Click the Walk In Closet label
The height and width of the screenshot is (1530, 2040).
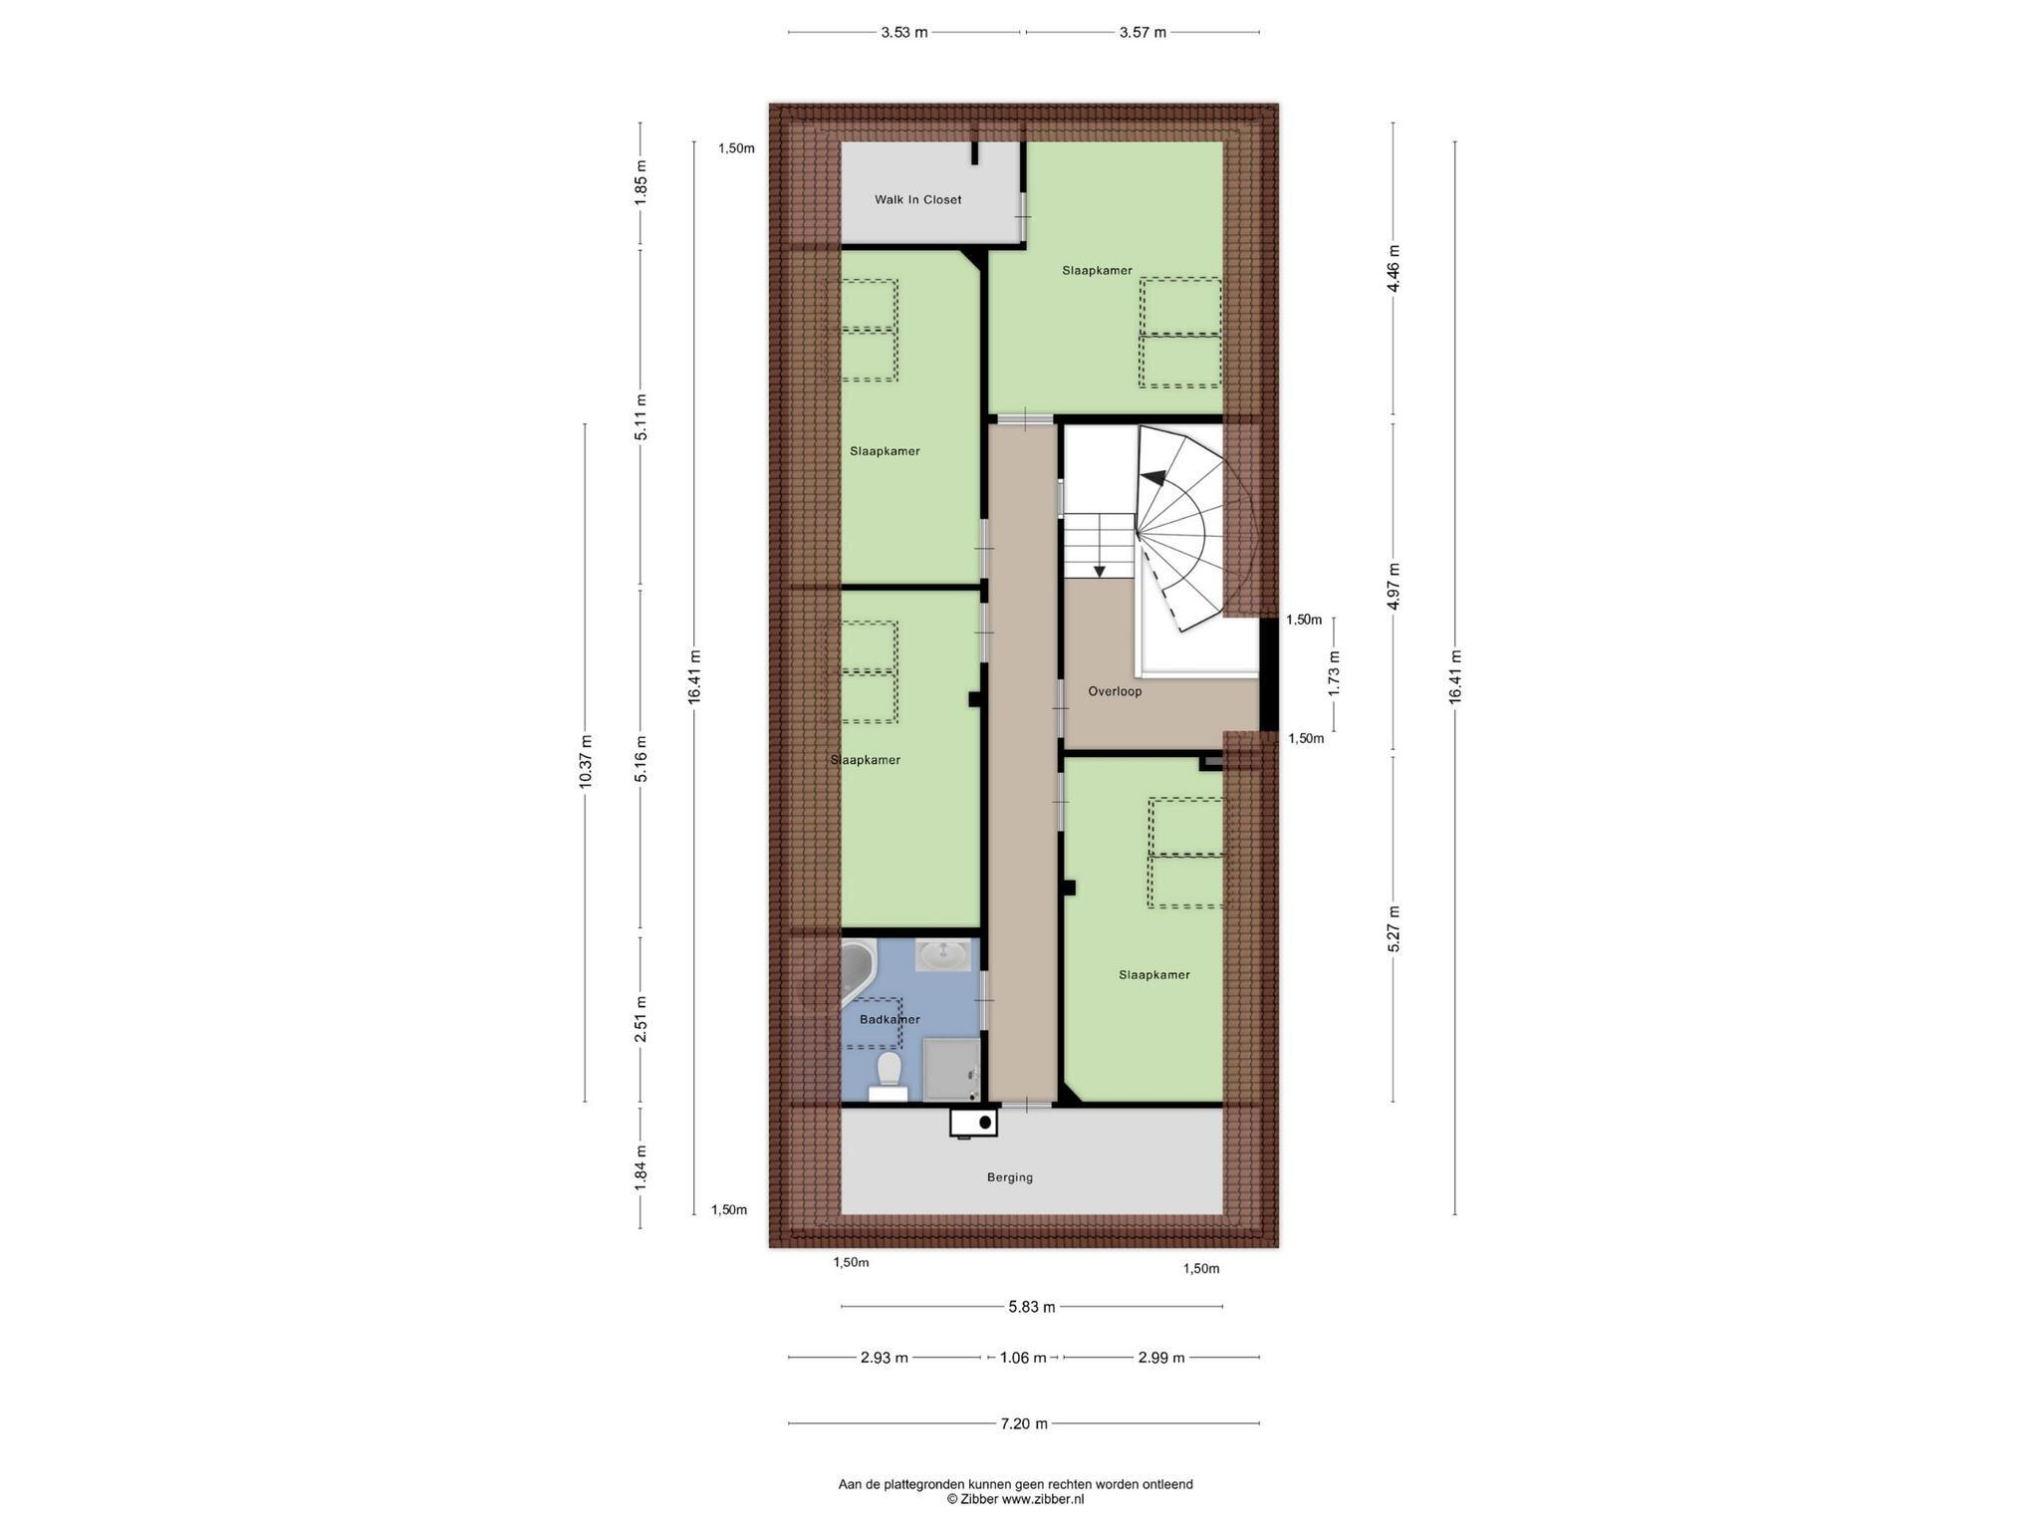click(917, 200)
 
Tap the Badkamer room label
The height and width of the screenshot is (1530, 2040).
click(890, 1020)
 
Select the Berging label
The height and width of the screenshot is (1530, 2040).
click(1010, 1177)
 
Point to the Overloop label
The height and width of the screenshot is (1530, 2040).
click(1115, 691)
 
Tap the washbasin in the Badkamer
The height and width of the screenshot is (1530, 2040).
click(942, 956)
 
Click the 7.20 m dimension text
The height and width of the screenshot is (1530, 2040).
click(1024, 1424)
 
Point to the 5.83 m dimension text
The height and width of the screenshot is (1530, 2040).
click(1031, 1307)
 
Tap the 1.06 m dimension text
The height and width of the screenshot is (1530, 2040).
click(1023, 1358)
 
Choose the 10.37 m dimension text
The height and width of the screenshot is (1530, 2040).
click(586, 762)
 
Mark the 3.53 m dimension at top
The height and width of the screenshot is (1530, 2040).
click(903, 33)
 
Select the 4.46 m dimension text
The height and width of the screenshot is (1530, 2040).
click(1394, 268)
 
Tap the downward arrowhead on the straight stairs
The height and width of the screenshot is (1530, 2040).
click(1100, 571)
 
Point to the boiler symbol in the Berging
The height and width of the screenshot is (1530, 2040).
click(973, 1123)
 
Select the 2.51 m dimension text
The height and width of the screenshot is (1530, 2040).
click(641, 1019)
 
